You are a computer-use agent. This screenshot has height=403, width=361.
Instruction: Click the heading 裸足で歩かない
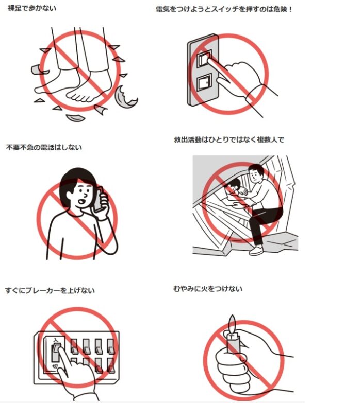click(32, 8)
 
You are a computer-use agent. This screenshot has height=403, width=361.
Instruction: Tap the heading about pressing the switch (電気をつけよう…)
click(224, 9)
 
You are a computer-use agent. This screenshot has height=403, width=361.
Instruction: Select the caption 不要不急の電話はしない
click(44, 148)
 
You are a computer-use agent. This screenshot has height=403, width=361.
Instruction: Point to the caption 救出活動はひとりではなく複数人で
click(229, 140)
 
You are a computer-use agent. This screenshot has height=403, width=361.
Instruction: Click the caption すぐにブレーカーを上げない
click(50, 291)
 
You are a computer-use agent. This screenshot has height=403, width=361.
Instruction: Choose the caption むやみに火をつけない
click(208, 289)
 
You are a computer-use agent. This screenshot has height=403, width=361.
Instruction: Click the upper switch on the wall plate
click(204, 58)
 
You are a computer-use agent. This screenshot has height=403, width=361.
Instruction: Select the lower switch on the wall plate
click(204, 82)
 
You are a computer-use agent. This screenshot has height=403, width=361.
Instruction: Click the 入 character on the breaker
click(56, 340)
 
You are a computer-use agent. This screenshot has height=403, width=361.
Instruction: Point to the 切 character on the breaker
click(55, 366)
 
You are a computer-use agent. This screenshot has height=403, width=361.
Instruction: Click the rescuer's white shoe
click(256, 251)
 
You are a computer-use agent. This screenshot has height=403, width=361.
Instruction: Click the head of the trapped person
click(233, 186)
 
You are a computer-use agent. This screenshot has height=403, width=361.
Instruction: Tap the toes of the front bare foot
click(79, 97)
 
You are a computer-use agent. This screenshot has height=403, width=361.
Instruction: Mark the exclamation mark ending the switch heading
click(290, 9)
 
